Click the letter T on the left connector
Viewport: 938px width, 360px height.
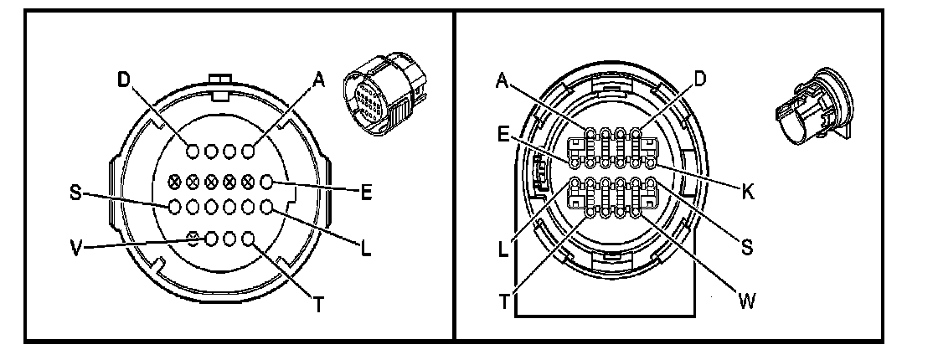click(318, 305)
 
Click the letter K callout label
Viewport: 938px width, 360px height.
click(747, 191)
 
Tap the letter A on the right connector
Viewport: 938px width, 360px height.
click(502, 80)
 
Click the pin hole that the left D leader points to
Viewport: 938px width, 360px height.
click(193, 151)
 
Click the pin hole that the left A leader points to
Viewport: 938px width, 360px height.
click(249, 151)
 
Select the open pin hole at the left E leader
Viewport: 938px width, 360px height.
click(267, 181)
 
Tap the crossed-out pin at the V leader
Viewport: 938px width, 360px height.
click(193, 239)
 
